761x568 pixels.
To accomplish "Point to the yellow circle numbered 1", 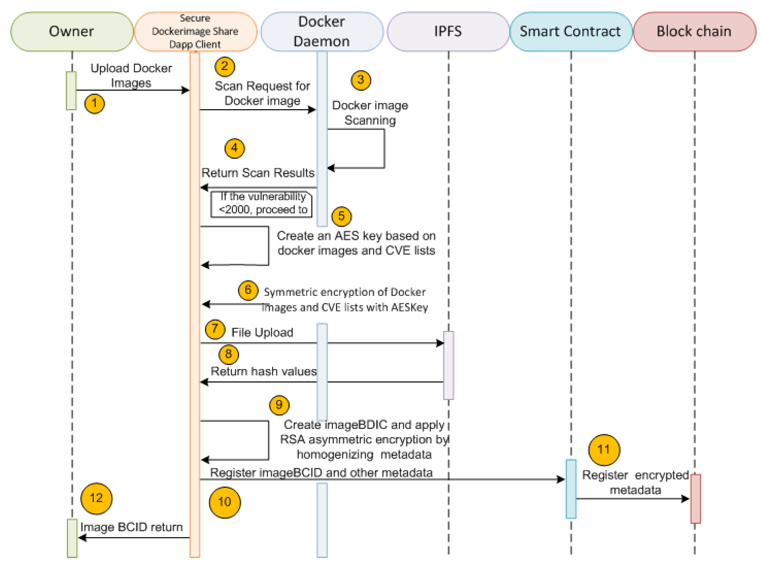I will tap(95, 104).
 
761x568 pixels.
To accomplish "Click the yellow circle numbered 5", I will tap(341, 216).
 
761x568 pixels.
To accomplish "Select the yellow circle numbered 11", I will tap(604, 449).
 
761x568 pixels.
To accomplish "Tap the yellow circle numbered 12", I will tap(96, 498).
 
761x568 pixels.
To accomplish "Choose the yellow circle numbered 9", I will tap(279, 405).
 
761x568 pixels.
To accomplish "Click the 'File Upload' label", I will tap(262, 332).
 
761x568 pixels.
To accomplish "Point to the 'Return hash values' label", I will tap(263, 371).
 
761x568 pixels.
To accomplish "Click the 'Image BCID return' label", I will tap(131, 527).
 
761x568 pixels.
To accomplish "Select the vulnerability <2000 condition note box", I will tap(261, 204).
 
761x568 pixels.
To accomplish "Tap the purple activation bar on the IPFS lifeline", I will tap(448, 365).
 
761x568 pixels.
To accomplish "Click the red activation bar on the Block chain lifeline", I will tap(695, 498).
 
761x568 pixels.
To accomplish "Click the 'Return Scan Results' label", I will tap(258, 173).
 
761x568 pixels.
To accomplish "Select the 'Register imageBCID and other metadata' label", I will tap(321, 473).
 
